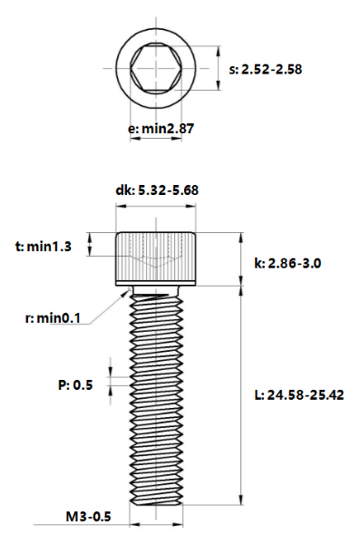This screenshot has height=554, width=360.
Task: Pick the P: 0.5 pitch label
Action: coord(75,384)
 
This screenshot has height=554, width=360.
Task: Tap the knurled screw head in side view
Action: coord(155,259)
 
